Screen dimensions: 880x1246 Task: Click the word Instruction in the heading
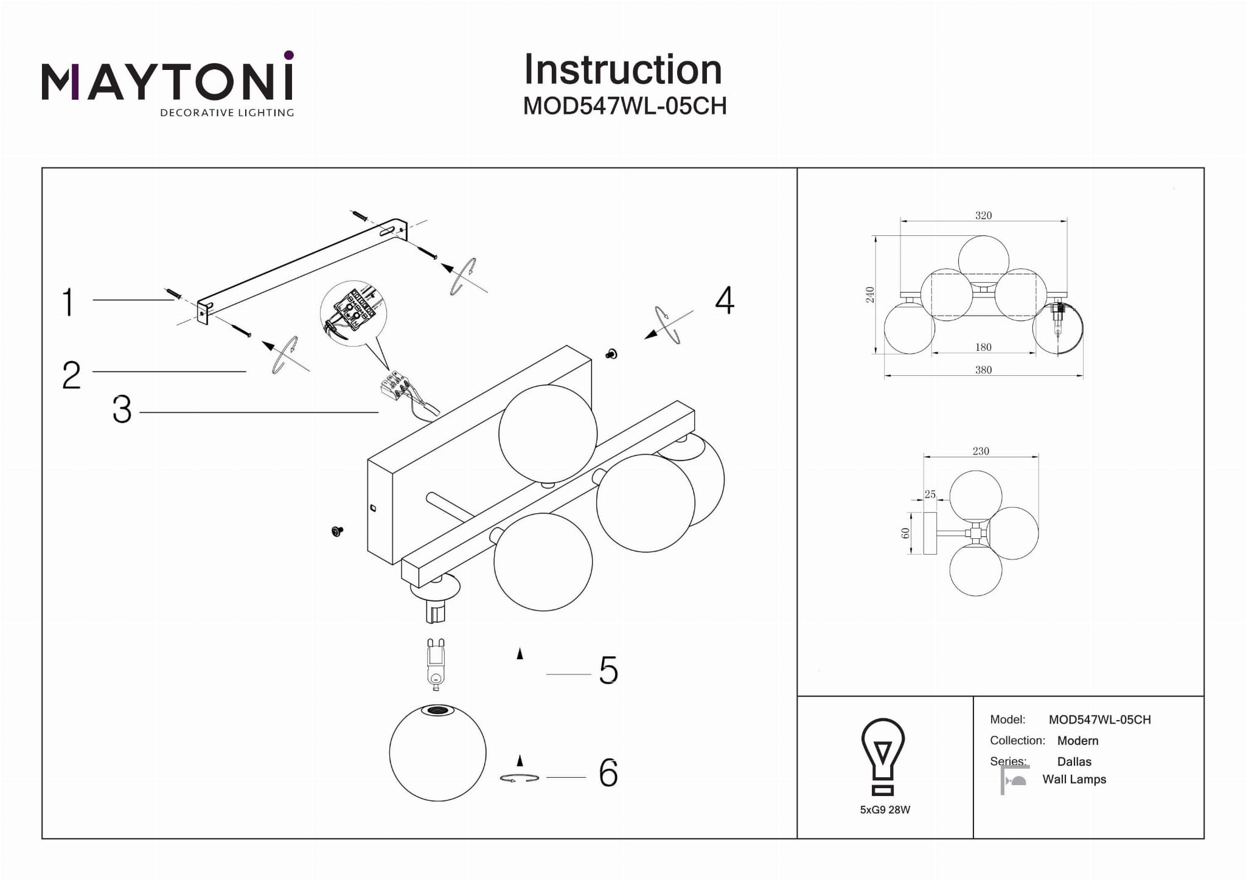pos(623,69)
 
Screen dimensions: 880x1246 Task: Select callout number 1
pos(68,302)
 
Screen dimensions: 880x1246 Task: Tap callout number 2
pos(71,375)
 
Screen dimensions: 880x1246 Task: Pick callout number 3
pos(122,409)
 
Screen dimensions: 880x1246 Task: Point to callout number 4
pos(724,300)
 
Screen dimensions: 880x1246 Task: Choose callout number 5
pos(608,670)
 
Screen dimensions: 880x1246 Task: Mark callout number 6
pos(608,773)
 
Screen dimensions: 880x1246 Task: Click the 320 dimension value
pos(983,215)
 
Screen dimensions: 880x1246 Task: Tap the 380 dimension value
pos(983,370)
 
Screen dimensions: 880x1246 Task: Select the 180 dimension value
pos(983,347)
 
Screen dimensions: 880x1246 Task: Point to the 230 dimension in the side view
pos(981,451)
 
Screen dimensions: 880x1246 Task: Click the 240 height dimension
pos(870,294)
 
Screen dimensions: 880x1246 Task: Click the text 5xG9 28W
pos(885,809)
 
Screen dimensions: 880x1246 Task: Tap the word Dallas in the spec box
pos(1074,761)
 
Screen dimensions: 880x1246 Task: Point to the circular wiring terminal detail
pos(353,314)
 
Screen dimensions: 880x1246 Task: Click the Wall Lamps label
pos(1074,779)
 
